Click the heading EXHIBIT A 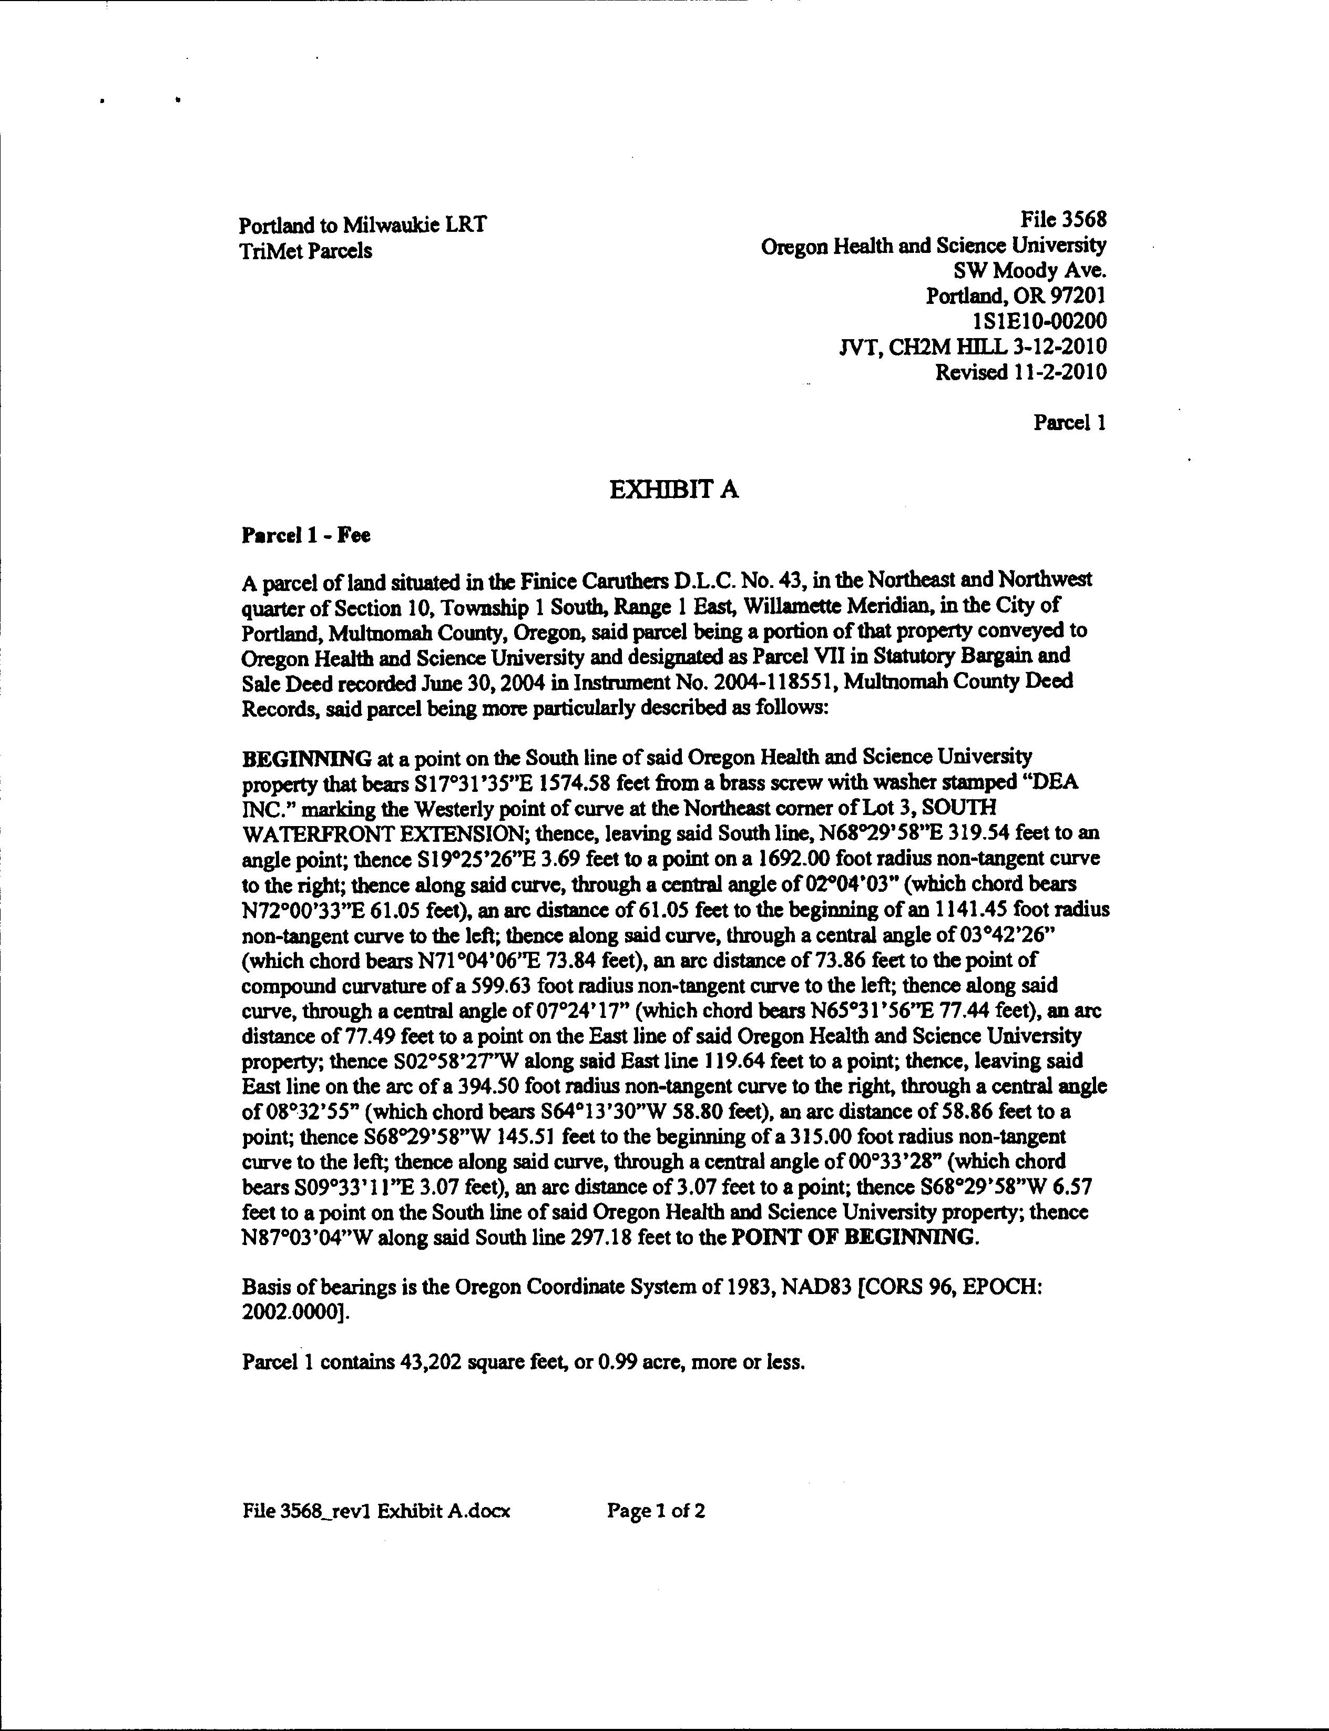[674, 491]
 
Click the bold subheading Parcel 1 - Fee [305, 536]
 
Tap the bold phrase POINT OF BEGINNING [855, 1237]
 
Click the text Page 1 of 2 [656, 1511]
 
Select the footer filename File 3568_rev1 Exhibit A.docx [376, 1511]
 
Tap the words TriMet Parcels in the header [305, 251]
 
